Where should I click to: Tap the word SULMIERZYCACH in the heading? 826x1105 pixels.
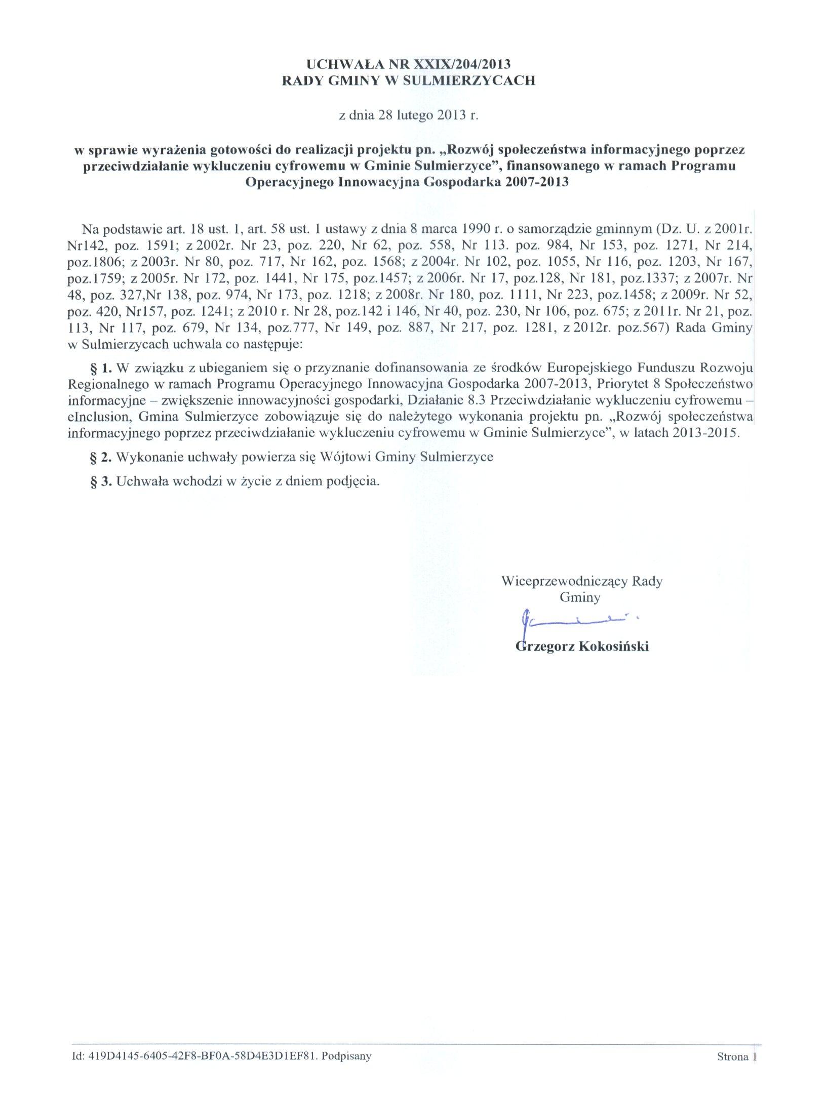coord(468,80)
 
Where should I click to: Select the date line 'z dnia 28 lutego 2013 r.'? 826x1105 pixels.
coord(408,115)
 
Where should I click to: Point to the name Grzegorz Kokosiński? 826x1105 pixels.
coord(582,646)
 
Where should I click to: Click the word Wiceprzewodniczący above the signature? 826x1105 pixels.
coord(565,581)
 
